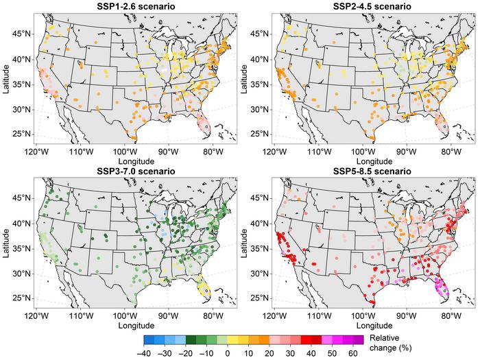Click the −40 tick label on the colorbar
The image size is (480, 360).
[x=144, y=352]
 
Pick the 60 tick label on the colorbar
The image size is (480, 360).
[x=352, y=352]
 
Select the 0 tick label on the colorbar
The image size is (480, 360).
[x=228, y=352]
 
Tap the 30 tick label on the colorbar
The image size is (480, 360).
[x=290, y=352]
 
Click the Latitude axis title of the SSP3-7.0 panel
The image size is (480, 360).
[x=6, y=243]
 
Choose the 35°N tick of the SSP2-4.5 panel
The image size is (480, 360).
[x=258, y=84]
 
